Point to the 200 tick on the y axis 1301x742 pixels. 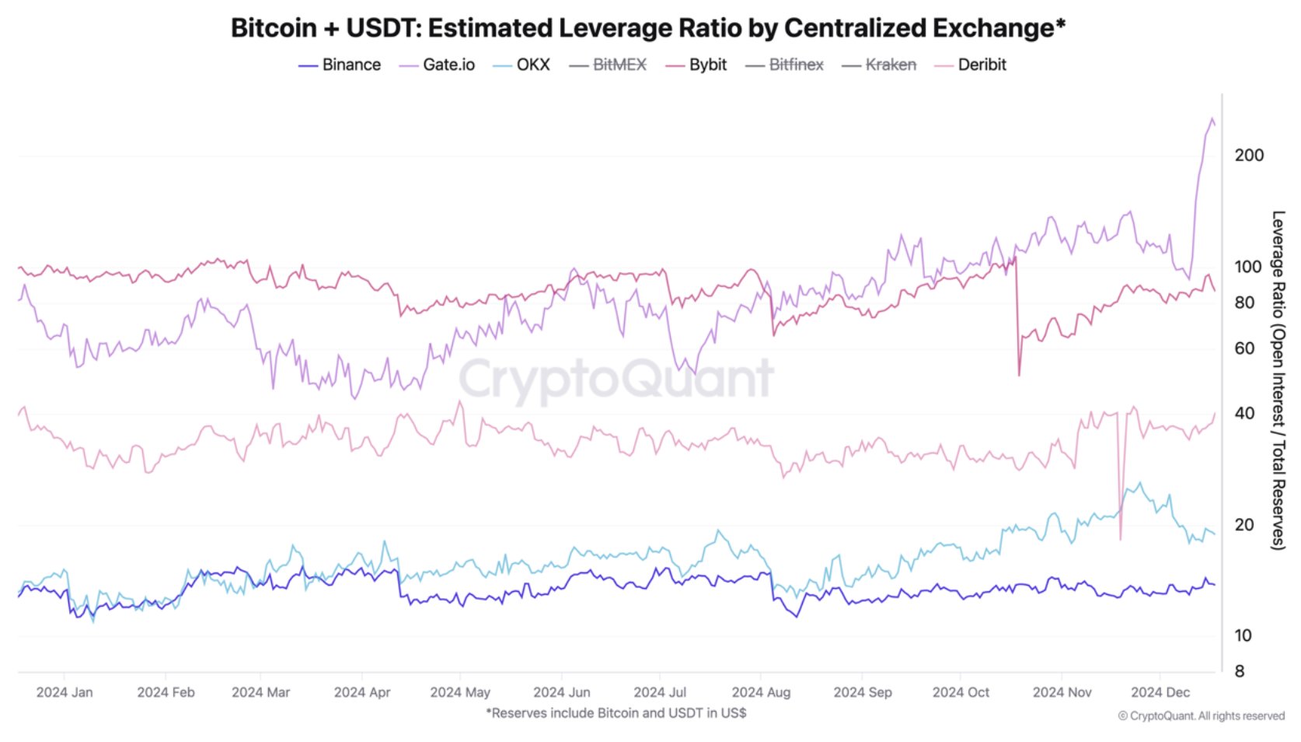tap(1249, 156)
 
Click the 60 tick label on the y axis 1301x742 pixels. tap(1244, 348)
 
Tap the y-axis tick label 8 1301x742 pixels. tap(1240, 671)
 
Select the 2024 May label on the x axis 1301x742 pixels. tap(460, 692)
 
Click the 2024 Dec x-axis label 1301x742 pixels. tap(1160, 692)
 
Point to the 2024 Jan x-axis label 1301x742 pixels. tap(65, 692)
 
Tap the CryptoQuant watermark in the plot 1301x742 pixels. tap(616, 379)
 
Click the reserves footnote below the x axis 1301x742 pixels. tap(616, 713)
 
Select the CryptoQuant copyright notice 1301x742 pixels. tap(1201, 716)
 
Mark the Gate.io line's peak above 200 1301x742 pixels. tap(1212, 119)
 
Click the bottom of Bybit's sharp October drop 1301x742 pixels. tap(1019, 375)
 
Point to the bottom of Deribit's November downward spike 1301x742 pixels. tap(1120, 538)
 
